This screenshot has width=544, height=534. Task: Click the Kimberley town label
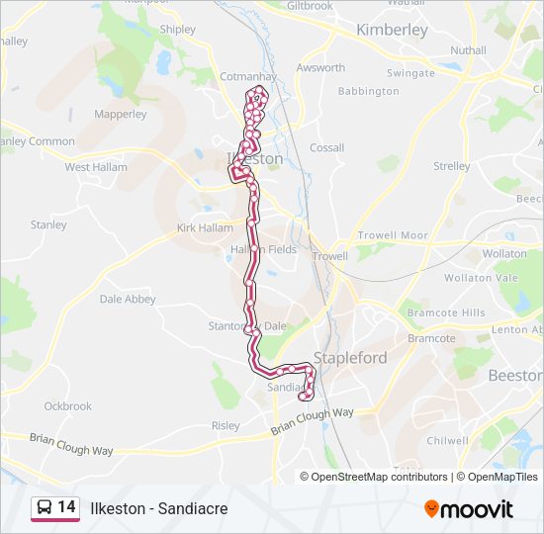(x=392, y=30)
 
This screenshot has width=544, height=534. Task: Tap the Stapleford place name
(x=350, y=357)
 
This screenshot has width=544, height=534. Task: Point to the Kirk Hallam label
(x=204, y=228)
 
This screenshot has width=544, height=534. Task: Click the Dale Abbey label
(x=128, y=299)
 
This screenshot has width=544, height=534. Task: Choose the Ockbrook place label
(x=67, y=406)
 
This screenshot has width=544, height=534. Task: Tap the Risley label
(x=226, y=426)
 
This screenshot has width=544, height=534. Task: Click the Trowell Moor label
(x=393, y=235)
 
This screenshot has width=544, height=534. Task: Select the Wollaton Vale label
(x=481, y=278)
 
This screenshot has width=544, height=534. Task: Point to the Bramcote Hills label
(x=446, y=312)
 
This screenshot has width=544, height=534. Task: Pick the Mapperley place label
(x=120, y=115)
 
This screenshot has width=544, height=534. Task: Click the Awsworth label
(x=320, y=68)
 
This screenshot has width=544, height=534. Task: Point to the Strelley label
(x=452, y=166)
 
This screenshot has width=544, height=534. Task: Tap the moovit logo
(x=469, y=508)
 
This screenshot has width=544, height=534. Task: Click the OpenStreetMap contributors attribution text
(x=374, y=477)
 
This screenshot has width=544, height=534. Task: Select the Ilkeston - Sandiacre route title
(x=159, y=508)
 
